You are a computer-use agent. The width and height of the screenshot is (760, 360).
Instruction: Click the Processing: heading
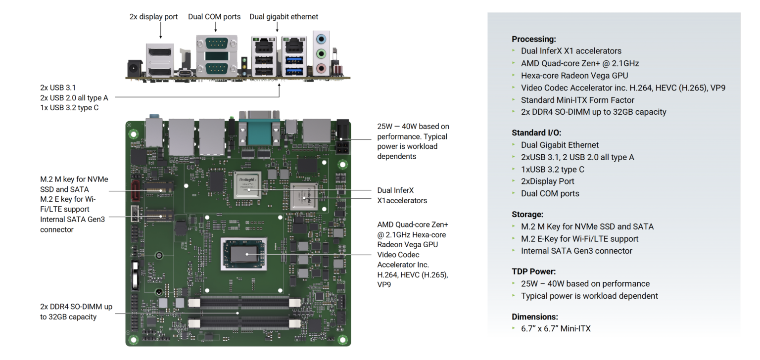point(534,39)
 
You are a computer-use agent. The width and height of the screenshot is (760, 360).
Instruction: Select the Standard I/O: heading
point(536,133)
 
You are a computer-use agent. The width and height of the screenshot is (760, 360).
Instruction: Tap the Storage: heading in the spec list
point(527,215)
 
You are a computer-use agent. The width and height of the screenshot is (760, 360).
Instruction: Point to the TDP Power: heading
point(534,271)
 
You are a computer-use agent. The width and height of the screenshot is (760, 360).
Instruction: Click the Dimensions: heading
point(535,316)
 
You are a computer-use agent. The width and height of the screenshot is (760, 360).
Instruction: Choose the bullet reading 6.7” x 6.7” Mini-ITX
point(555,328)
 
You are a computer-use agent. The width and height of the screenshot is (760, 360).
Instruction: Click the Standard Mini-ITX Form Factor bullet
point(577,100)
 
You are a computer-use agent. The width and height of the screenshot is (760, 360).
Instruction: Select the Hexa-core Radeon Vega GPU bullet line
point(574,76)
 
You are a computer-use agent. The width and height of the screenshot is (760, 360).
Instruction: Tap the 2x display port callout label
point(153,17)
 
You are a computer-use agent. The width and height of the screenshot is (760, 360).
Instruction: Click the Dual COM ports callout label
point(214,17)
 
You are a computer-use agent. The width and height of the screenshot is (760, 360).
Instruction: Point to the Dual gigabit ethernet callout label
point(284,17)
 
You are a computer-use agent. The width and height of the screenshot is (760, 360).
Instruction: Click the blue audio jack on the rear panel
point(322,38)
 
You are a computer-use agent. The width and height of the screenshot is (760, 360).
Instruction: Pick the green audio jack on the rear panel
point(322,53)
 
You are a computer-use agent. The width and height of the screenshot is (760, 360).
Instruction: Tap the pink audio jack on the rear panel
point(322,68)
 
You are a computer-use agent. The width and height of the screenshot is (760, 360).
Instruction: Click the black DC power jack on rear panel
point(133,68)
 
